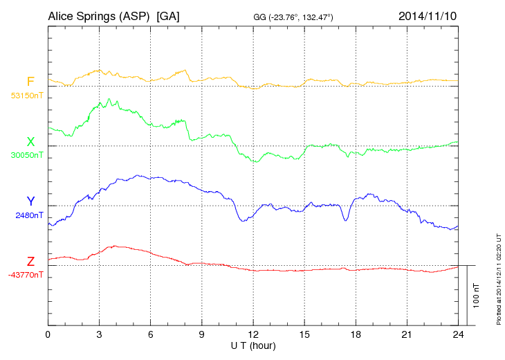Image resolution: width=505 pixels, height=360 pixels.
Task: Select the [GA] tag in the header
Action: point(168,15)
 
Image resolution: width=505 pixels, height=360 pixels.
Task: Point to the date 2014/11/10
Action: point(428,15)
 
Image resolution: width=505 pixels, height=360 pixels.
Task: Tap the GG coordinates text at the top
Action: point(294,16)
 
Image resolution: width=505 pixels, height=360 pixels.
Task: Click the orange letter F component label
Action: point(30,82)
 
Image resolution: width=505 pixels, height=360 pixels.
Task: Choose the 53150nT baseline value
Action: point(26,96)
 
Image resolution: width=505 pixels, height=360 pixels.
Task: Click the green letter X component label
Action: point(30,141)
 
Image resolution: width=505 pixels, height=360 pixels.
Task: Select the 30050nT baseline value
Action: point(26,155)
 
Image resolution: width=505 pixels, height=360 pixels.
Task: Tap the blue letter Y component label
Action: point(30,201)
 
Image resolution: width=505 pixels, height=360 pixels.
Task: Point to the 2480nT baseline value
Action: point(29,215)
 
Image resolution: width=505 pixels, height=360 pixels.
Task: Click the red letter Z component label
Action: point(30,261)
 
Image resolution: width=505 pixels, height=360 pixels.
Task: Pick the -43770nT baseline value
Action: point(26,275)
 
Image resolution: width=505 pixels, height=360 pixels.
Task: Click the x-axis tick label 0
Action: point(48,334)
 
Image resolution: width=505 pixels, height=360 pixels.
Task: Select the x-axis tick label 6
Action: point(150,334)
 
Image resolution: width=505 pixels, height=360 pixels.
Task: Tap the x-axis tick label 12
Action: point(253,334)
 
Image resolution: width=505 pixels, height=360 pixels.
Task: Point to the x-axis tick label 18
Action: point(356,334)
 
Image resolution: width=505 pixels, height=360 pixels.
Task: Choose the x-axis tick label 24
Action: point(458,334)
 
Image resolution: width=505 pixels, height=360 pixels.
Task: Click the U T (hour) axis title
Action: point(253,345)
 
